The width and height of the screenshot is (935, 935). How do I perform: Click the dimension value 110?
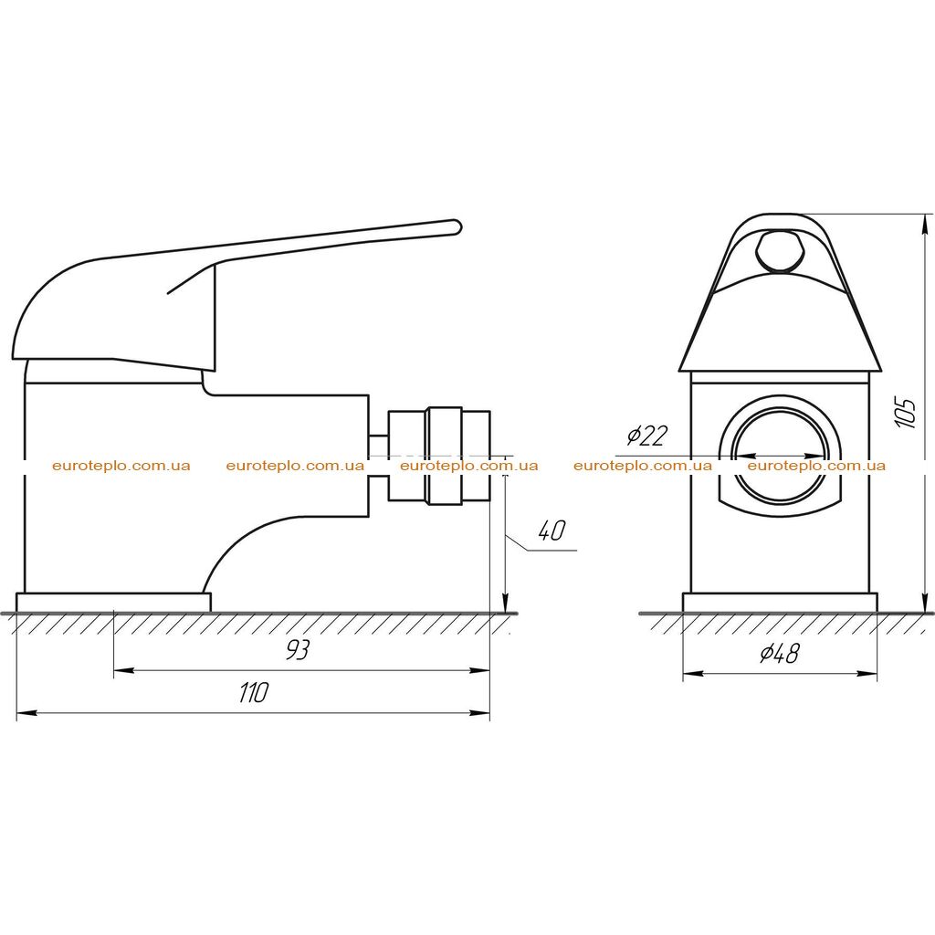pos(254,692)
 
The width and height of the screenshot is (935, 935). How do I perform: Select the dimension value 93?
pos(297,650)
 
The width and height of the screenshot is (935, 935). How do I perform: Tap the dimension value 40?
pos(551,531)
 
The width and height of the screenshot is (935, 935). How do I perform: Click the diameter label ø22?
pos(647,436)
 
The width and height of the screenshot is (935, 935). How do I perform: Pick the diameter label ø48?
pos(780,654)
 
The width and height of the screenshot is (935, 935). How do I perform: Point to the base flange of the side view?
pos(113,603)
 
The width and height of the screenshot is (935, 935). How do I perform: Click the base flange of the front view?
pos(780,603)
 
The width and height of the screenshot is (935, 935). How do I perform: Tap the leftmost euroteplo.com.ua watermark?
pos(121,466)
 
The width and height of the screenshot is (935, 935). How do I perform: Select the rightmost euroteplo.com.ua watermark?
pos(816,466)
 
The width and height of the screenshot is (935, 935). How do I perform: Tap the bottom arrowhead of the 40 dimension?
pos(505,603)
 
